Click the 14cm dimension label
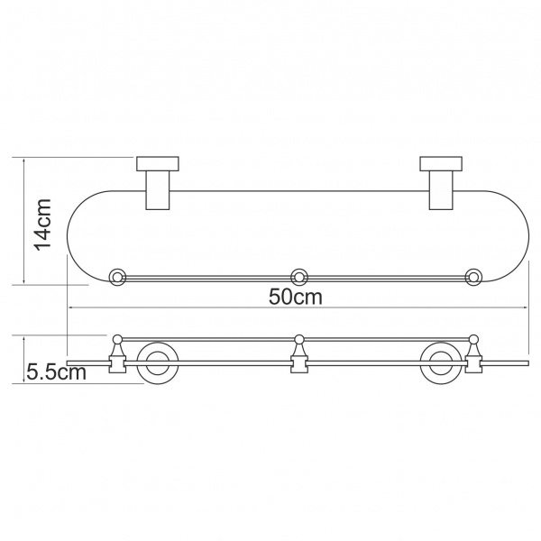pos(42,224)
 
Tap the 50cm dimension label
pos(296,297)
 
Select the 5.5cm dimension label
pos(56,371)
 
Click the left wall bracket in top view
pos(158,183)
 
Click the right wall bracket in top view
pos(441,183)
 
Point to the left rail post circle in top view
pos(117,277)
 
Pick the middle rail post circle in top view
pos(299,277)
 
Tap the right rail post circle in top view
pos(473,277)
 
